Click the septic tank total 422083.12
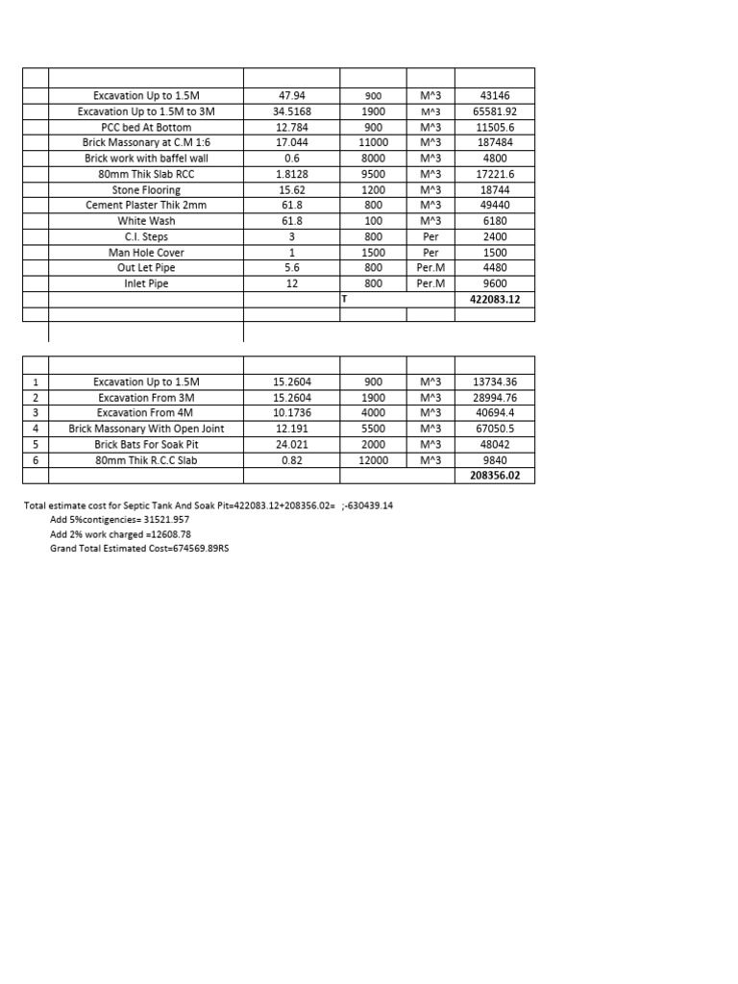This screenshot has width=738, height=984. [495, 299]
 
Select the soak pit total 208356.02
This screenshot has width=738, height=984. [495, 475]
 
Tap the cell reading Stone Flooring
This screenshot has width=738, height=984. [146, 190]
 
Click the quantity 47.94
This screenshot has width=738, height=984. [291, 96]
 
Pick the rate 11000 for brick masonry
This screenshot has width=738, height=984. [373, 142]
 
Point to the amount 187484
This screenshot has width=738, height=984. [495, 142]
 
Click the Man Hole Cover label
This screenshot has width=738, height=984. [146, 253]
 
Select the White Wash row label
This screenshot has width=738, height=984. [146, 221]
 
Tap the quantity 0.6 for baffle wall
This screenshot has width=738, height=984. [291, 159]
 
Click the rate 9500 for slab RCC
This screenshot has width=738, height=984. [373, 174]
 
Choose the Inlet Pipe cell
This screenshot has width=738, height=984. [146, 283]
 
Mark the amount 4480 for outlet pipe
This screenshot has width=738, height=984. [495, 268]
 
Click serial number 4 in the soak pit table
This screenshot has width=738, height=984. [35, 429]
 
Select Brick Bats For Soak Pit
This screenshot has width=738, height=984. [146, 444]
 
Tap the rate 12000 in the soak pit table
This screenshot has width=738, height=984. [373, 459]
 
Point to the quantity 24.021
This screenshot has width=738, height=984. [291, 444]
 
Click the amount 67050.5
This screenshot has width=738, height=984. [495, 429]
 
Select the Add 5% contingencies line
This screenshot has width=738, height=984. [119, 519]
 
